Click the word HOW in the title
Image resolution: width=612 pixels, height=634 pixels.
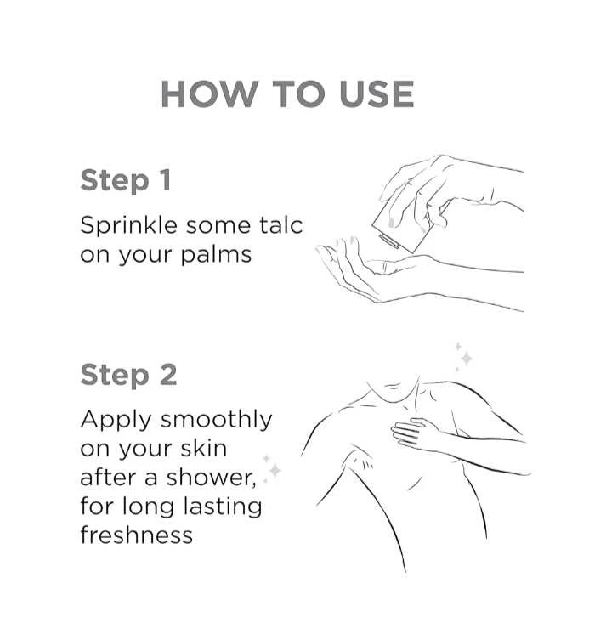[210, 93]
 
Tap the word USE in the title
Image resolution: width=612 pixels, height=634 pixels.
[377, 93]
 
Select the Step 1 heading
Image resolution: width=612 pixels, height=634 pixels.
[126, 180]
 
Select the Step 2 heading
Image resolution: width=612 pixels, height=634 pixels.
[128, 375]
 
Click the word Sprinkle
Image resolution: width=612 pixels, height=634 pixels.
[128, 226]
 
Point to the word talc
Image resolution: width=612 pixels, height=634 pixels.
[280, 225]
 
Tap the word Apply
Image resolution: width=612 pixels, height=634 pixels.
[116, 421]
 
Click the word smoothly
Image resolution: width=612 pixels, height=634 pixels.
[217, 421]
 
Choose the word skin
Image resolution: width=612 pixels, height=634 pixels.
[203, 448]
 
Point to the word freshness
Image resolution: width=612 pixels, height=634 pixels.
[136, 535]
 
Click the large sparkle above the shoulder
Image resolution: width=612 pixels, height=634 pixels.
[467, 359]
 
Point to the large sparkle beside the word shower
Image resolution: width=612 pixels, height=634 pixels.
[275, 470]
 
